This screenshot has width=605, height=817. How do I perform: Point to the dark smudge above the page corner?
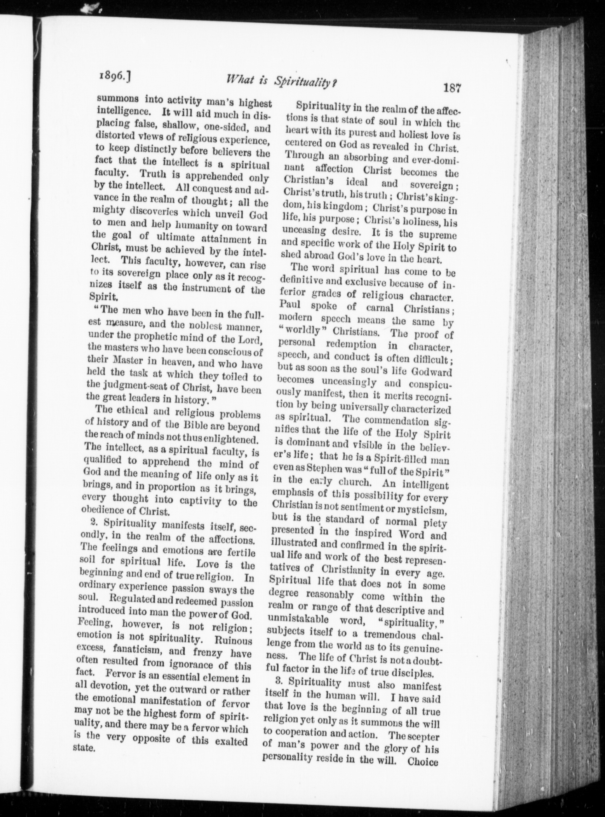[91, 7]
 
